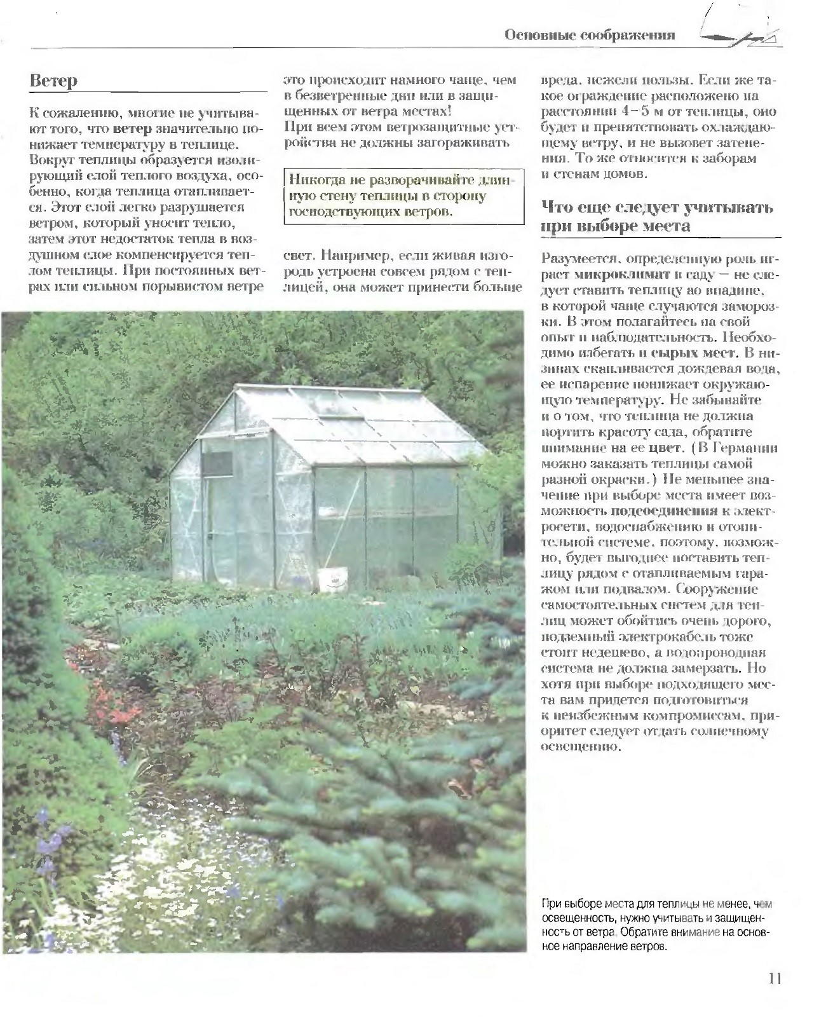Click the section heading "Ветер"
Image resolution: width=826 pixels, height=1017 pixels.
pos(53,81)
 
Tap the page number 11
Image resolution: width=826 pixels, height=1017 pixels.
pos(773,979)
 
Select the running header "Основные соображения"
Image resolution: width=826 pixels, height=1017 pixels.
pos(590,36)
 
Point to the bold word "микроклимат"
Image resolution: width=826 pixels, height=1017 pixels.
pos(614,275)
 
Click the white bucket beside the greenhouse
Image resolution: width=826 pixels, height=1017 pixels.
pos(333,578)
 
